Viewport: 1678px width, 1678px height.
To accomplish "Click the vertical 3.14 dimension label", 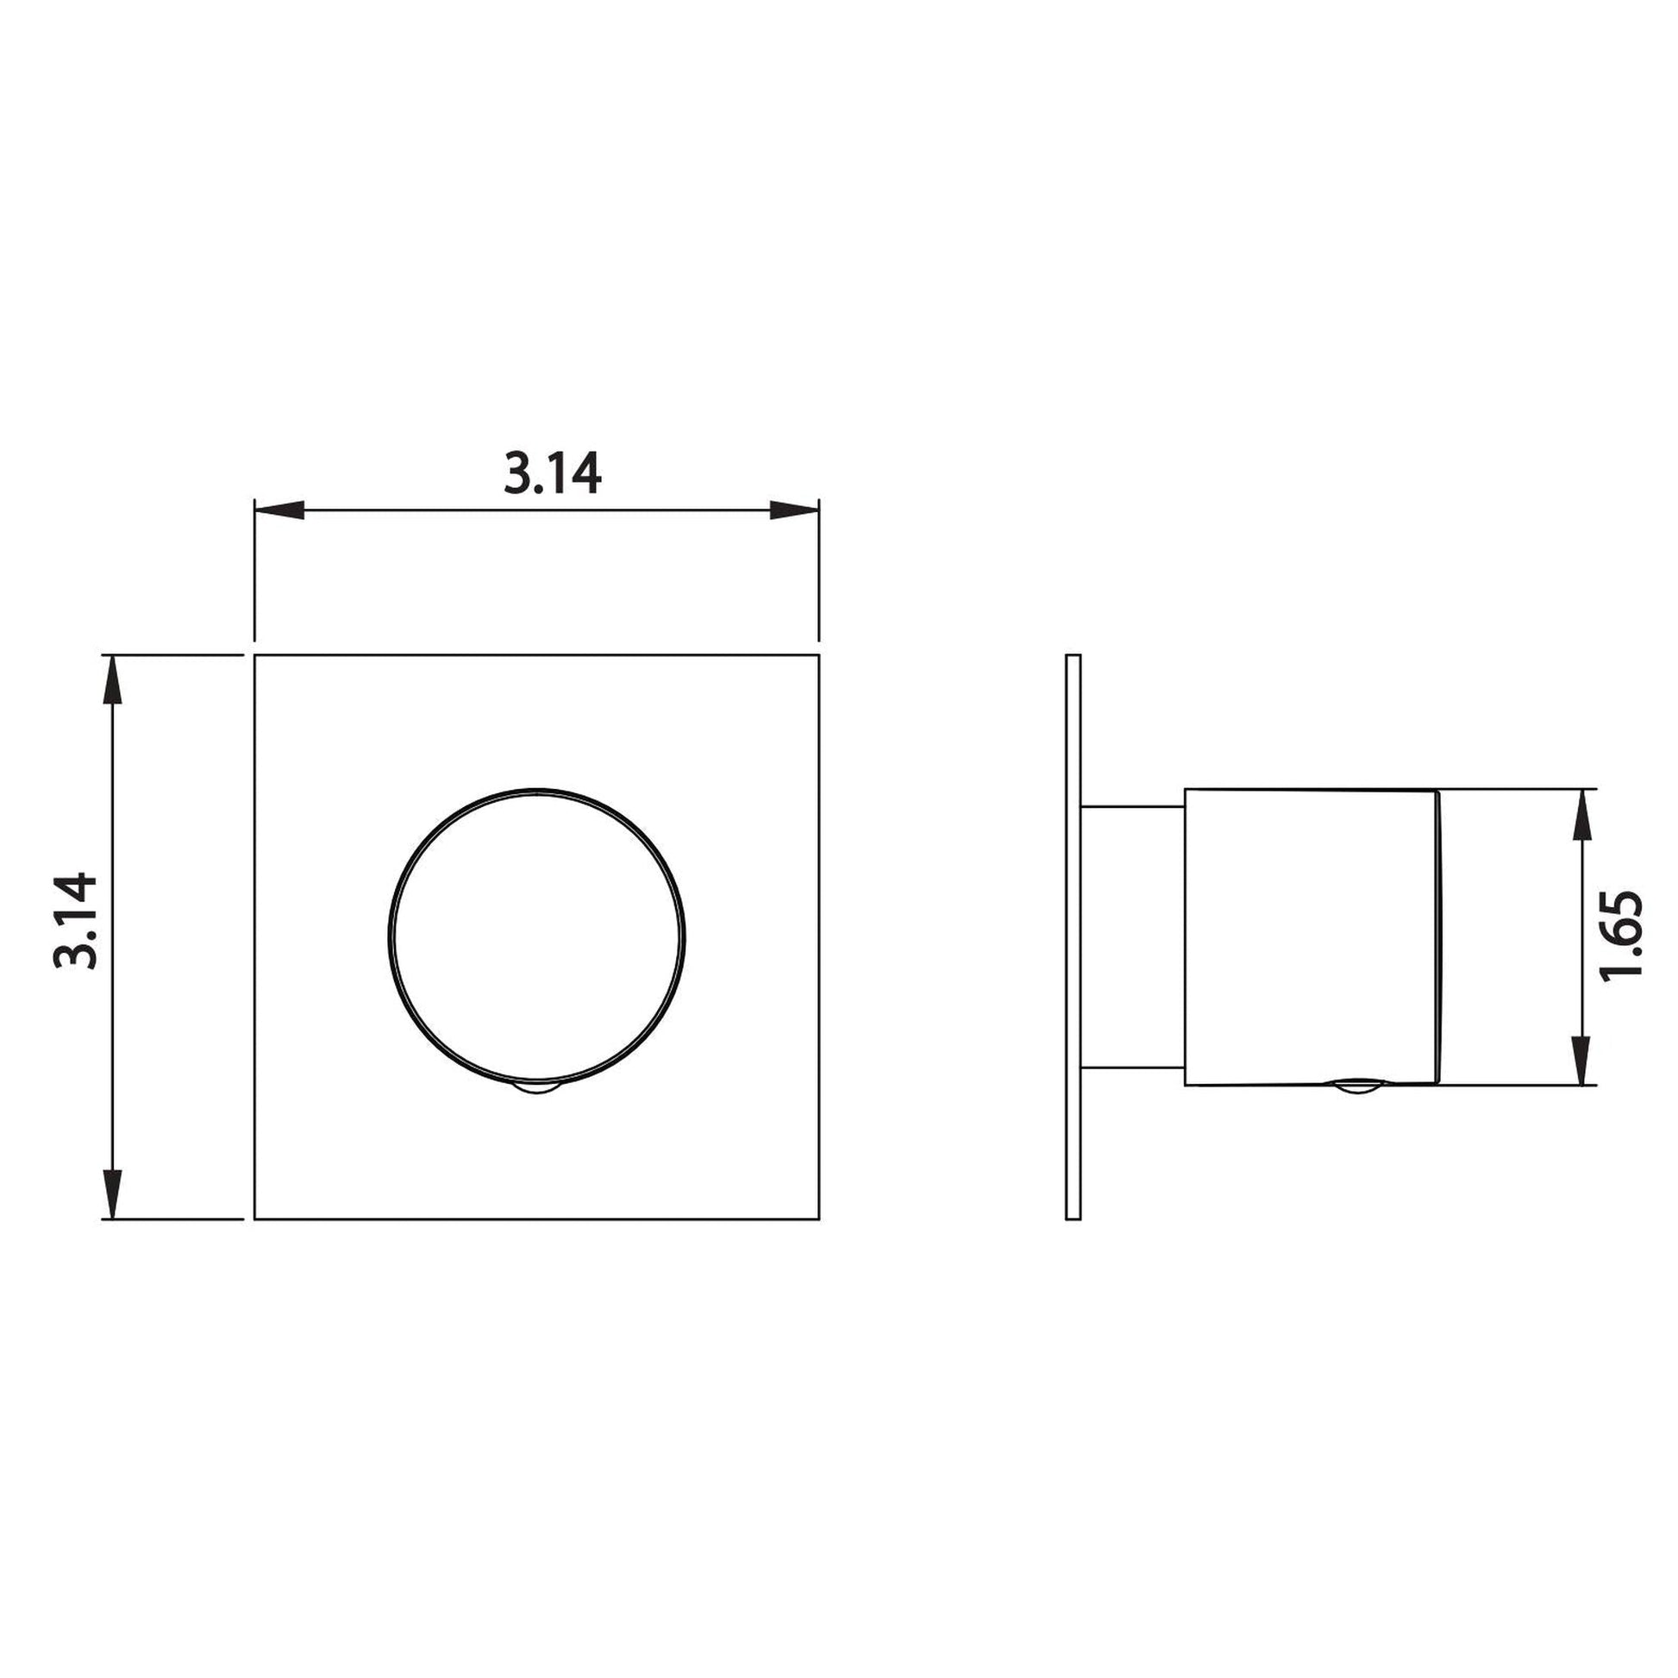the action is (x=75, y=921).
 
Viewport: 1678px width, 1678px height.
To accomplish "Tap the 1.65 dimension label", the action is (x=1621, y=935).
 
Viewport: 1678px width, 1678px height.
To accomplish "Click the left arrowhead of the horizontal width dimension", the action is (x=279, y=510).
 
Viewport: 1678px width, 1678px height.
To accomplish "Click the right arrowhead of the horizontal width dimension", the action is (x=795, y=510).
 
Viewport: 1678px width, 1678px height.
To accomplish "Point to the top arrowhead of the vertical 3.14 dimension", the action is (x=113, y=680).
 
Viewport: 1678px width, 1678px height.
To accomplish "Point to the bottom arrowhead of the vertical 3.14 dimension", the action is (x=113, y=1193).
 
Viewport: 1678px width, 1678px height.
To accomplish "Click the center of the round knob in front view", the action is (x=536, y=937).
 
